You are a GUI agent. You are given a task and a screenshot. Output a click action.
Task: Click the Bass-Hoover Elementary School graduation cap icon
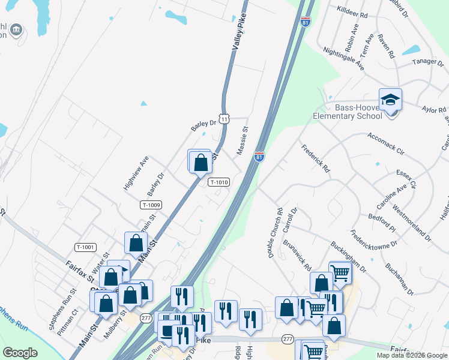click(x=390, y=99)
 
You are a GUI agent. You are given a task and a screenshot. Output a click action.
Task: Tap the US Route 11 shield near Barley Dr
click(x=224, y=119)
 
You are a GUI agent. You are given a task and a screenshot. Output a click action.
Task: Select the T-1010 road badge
click(x=218, y=182)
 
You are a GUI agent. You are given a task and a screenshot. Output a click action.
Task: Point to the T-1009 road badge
click(x=151, y=205)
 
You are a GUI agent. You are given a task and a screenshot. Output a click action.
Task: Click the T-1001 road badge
click(x=85, y=247)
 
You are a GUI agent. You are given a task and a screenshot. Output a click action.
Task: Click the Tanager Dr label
click(x=427, y=62)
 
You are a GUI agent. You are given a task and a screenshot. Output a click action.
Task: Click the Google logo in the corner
click(x=20, y=353)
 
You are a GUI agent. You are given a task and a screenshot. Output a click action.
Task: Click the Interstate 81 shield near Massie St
click(x=259, y=157)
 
